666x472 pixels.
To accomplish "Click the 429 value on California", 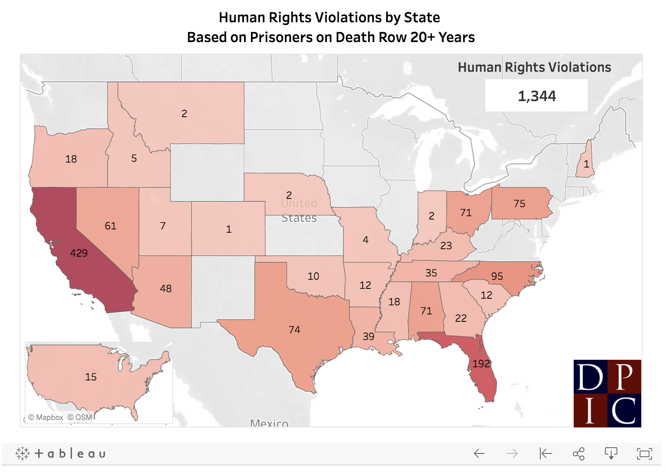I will (x=79, y=253).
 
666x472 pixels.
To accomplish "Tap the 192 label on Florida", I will (x=481, y=363).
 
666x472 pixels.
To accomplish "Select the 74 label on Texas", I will (x=294, y=330).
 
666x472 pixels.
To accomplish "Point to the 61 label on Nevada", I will (x=110, y=226).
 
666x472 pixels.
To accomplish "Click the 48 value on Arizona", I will (x=166, y=288).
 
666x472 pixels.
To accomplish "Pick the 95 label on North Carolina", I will (x=497, y=276).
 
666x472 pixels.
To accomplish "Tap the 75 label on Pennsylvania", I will (x=519, y=203).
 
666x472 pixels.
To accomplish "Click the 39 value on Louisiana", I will (x=368, y=336).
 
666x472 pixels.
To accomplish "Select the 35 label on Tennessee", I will (x=431, y=273).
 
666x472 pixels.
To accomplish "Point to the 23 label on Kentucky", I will (x=446, y=245).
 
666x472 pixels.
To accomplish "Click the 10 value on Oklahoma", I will (x=313, y=276).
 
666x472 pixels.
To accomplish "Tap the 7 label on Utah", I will (x=163, y=226).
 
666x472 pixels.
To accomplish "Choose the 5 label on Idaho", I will (x=134, y=158).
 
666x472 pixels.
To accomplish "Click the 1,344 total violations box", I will (x=537, y=96).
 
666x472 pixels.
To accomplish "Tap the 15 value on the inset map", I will (x=91, y=377).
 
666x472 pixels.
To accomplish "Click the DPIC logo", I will (x=607, y=393).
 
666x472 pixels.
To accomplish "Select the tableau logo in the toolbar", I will (x=61, y=454).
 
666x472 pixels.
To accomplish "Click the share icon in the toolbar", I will (x=579, y=454).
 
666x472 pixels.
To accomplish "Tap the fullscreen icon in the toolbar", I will (x=644, y=454).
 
